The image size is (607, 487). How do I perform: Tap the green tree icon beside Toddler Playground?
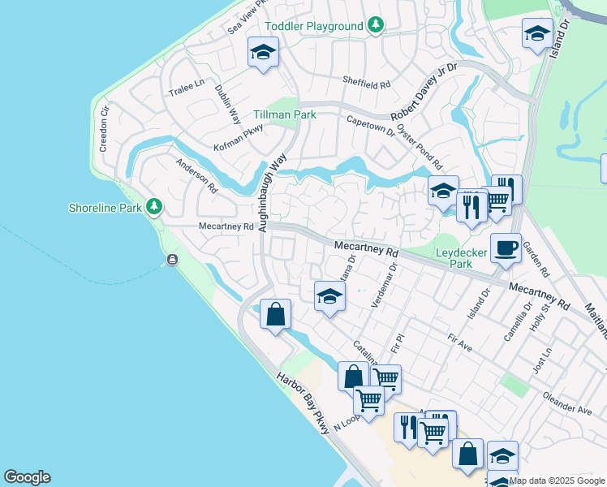(375, 26)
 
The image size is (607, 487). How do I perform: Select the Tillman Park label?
(284, 114)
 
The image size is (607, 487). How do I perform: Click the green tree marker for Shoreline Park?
(153, 207)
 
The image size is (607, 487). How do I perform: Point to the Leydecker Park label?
(461, 258)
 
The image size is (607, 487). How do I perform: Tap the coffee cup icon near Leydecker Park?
(506, 248)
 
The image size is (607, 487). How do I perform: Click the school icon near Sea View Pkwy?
(263, 53)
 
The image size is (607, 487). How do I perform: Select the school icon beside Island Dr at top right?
(537, 33)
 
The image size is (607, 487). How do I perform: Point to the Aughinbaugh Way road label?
(273, 196)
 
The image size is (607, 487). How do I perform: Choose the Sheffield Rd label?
(367, 84)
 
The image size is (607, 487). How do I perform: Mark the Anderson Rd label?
(197, 174)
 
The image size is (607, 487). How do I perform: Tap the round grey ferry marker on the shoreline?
(172, 260)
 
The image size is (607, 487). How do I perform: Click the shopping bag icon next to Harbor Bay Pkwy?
(276, 313)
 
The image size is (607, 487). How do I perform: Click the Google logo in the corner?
(27, 477)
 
